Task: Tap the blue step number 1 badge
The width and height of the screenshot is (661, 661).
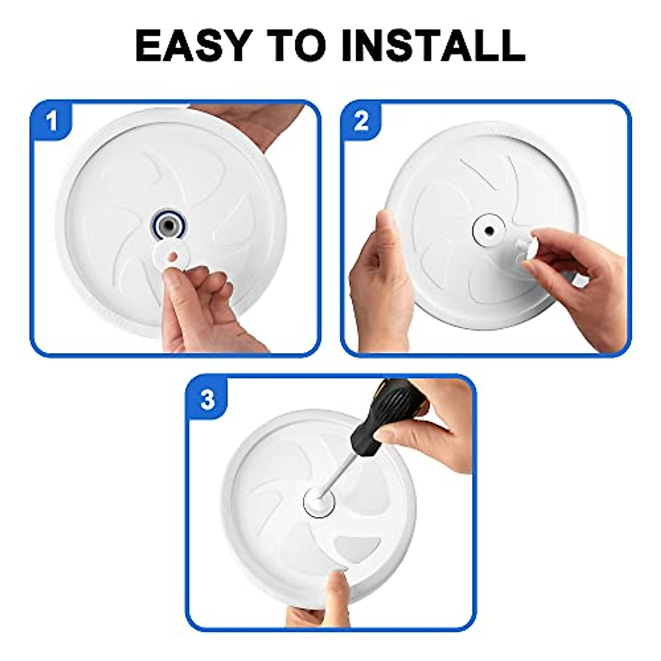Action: pyautogui.click(x=52, y=121)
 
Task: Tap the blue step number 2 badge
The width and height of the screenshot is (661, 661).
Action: pyautogui.click(x=361, y=121)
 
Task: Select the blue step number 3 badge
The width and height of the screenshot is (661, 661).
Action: pyautogui.click(x=207, y=400)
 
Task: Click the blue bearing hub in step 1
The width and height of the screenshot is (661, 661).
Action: pyautogui.click(x=169, y=225)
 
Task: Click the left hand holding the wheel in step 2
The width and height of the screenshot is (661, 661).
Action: pyautogui.click(x=380, y=286)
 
